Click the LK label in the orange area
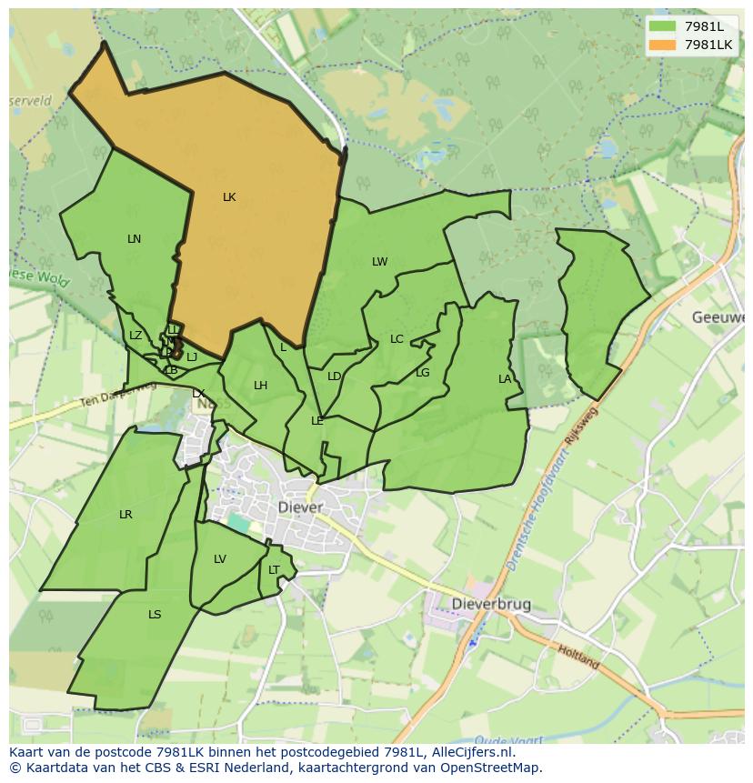[229, 197]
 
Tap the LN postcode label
[134, 239]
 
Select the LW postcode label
[379, 262]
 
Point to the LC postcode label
[397, 339]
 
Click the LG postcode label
[422, 373]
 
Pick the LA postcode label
[505, 379]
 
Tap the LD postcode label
[334, 376]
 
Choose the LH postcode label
[260, 386]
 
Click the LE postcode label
[317, 421]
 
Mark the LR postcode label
[125, 515]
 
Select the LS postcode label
[155, 615]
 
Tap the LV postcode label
[219, 559]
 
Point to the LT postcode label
[274, 570]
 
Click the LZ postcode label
[136, 336]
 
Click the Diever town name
[300, 507]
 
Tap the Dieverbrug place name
[491, 604]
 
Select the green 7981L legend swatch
[663, 26]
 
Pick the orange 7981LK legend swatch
[663, 44]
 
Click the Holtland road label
[579, 656]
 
